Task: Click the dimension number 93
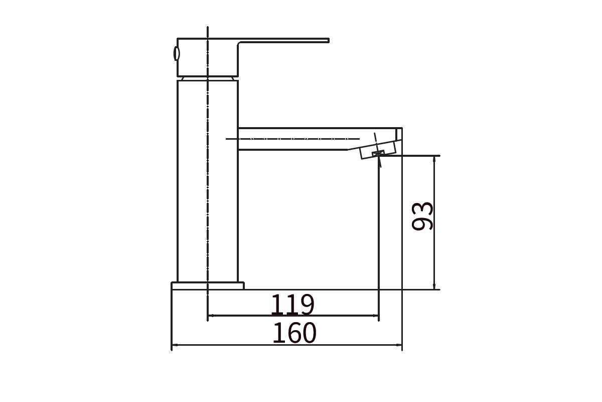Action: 422,216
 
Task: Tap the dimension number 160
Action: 294,333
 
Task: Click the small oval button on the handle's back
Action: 176,53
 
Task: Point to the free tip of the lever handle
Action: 329,40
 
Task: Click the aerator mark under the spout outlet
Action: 378,153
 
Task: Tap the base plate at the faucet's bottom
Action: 208,286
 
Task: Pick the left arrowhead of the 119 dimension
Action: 211,316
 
